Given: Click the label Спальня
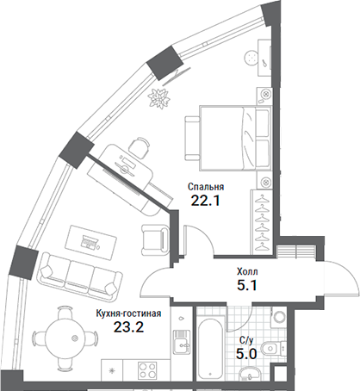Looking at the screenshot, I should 206,186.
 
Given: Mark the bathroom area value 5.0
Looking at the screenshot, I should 246,351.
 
